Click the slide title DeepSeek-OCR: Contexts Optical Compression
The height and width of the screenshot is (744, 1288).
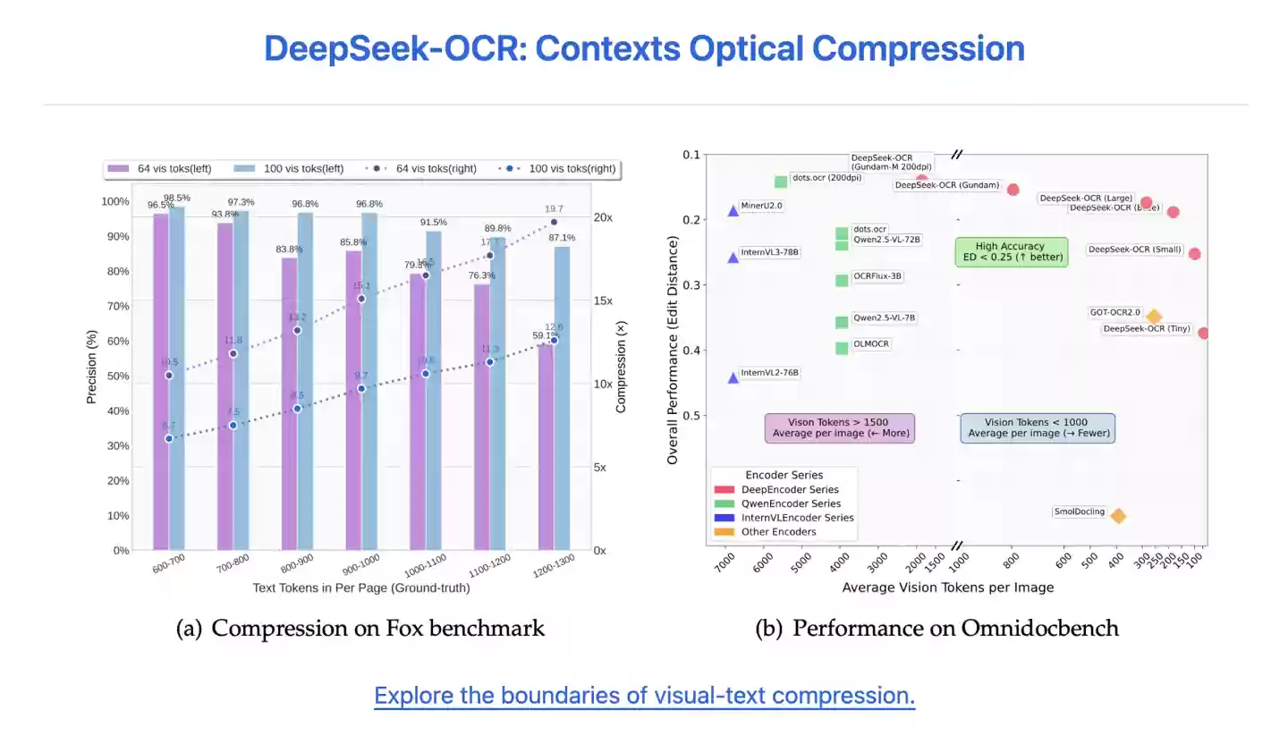[x=644, y=48]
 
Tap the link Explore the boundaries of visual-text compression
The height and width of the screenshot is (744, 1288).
[x=644, y=696]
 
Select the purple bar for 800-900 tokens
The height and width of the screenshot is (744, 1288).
[x=290, y=402]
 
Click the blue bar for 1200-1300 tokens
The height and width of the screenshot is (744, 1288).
[x=562, y=398]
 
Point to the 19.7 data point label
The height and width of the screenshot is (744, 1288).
[x=554, y=209]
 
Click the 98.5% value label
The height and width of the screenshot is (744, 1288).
[x=177, y=198]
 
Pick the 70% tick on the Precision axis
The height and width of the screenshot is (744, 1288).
[x=116, y=307]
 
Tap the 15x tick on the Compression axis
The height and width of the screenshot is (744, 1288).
[x=604, y=301]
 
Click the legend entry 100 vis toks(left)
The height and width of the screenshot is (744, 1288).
[x=289, y=168]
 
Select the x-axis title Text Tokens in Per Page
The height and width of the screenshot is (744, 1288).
[x=360, y=588]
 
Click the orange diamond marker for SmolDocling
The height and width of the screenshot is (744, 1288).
[x=1117, y=515]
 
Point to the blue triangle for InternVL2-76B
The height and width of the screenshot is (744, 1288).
[x=733, y=377]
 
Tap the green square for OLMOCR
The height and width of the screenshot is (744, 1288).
[x=842, y=348]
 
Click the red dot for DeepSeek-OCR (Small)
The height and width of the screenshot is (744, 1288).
[x=1194, y=254]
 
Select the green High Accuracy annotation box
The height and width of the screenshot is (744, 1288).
[x=1011, y=251]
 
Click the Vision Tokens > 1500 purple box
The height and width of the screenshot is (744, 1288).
[x=839, y=427]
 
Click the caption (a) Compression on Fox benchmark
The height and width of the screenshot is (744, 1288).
[x=360, y=628]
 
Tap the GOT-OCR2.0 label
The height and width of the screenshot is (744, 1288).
[x=1114, y=312]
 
